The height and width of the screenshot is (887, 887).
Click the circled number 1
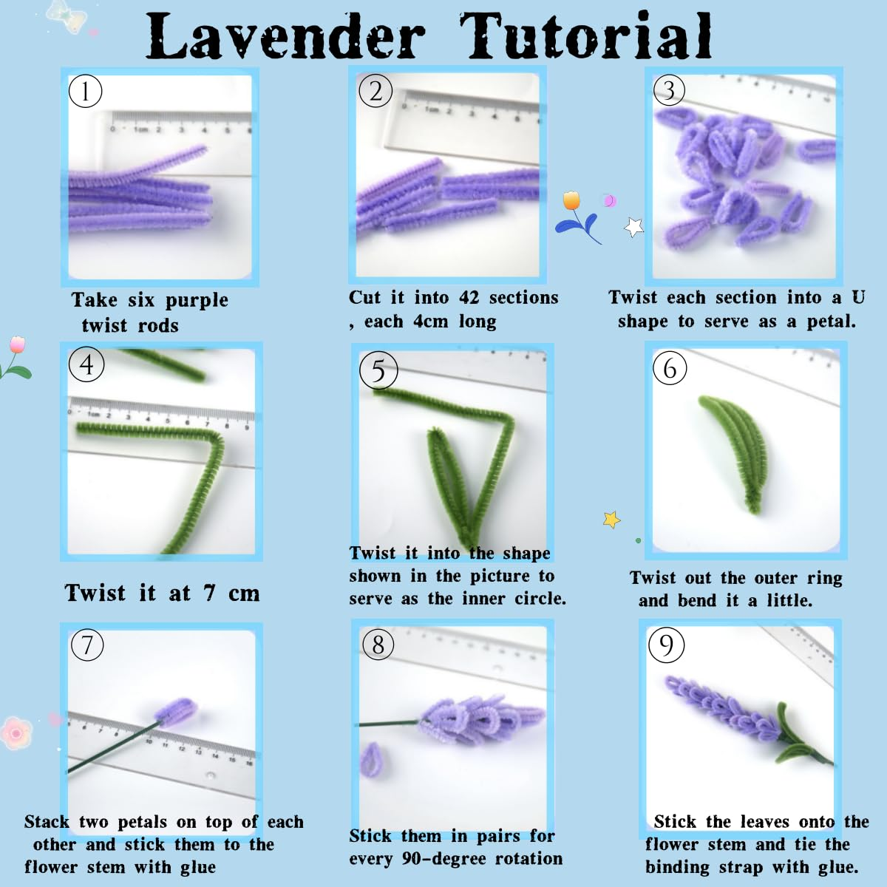85,91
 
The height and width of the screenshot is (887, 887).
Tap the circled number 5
378,370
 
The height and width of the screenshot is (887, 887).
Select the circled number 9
666,645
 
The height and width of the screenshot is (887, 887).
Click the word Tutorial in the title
585,36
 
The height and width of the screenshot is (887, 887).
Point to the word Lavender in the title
285,36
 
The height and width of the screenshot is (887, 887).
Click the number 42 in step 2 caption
469,298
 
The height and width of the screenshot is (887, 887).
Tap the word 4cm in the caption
431,321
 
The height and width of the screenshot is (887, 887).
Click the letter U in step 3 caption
858,297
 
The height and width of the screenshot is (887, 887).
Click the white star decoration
633,227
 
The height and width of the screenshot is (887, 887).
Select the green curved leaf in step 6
733,452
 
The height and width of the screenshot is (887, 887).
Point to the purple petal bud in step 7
177,713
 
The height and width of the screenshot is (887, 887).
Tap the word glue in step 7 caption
198,867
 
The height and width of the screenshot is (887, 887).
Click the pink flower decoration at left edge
16,733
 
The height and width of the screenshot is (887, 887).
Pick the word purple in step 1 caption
197,301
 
